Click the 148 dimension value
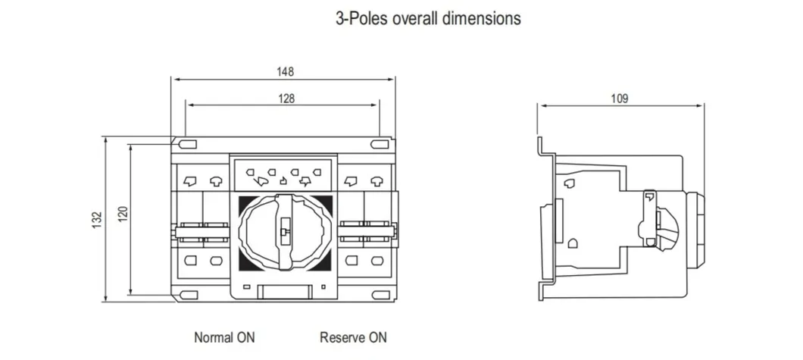[285, 72]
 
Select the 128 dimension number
[286, 98]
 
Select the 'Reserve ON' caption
[353, 337]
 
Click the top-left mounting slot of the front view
[187, 142]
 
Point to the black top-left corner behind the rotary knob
[244, 202]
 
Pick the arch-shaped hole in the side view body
[573, 244]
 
